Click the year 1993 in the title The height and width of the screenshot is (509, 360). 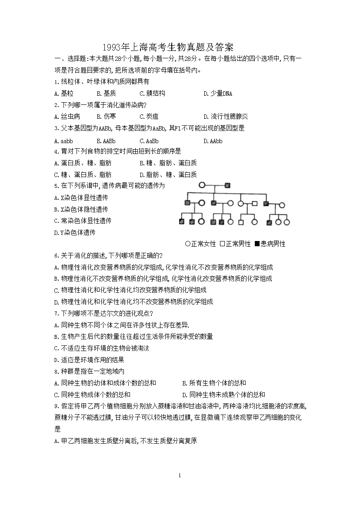112,47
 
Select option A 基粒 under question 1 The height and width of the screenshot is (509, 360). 64,93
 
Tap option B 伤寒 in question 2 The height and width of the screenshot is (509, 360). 106,116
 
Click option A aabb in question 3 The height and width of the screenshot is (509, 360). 63,141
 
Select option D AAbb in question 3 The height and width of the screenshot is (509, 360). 213,141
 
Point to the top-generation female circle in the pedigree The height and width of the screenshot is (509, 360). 202,185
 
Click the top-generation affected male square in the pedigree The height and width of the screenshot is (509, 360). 227,185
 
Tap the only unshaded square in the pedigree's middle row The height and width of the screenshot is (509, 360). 255,203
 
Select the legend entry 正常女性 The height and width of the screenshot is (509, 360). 200,244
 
